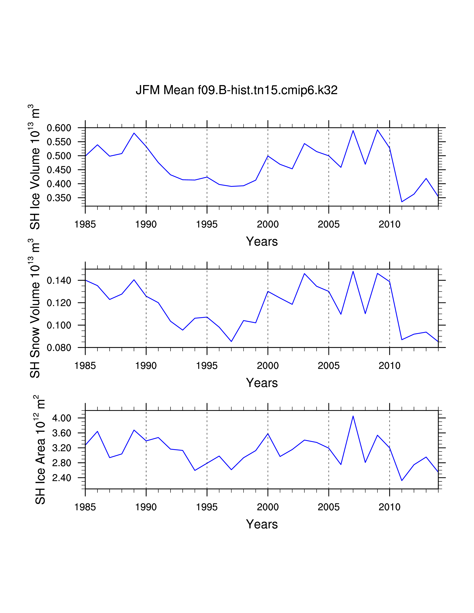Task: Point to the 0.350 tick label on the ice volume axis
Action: (59, 198)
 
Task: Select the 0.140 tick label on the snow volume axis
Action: (59, 280)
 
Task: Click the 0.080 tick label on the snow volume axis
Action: (59, 348)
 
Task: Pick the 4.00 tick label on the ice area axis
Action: (62, 418)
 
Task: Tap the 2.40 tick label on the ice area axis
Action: (62, 478)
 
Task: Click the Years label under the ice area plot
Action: (262, 524)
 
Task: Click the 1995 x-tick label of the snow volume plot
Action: (207, 366)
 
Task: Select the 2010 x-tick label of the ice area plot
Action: (389, 507)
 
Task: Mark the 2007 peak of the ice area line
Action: (353, 416)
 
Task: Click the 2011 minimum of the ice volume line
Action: (402, 202)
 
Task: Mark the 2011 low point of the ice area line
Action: (402, 481)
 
